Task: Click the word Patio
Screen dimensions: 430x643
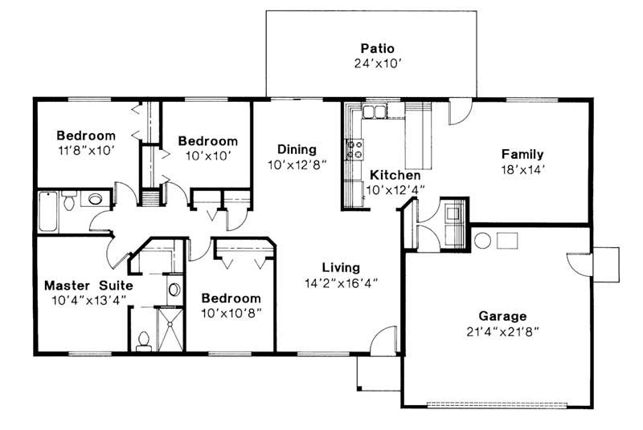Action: click(371, 48)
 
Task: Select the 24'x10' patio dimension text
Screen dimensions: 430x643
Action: click(371, 63)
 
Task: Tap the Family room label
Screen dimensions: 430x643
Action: click(522, 154)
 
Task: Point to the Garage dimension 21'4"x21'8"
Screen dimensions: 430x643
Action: click(503, 331)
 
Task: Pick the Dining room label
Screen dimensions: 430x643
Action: click(297, 149)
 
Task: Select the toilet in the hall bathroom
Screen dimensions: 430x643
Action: click(70, 200)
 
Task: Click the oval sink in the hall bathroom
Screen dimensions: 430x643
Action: click(96, 199)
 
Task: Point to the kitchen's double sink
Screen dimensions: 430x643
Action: click(373, 111)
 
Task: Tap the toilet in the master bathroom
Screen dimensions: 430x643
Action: click(144, 342)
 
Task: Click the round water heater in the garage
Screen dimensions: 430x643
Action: click(482, 240)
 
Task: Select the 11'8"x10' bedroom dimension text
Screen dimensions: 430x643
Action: click(85, 150)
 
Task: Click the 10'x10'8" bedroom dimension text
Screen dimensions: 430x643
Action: click(231, 312)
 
